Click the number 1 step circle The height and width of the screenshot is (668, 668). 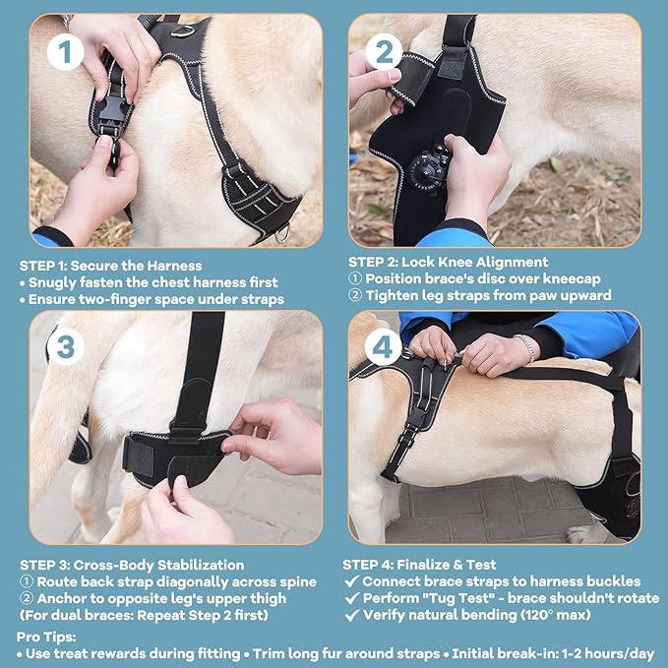[66, 52]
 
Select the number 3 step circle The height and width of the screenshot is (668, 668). [66, 347]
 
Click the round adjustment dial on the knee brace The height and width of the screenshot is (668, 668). [429, 167]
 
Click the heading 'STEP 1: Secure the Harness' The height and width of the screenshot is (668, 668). [111, 266]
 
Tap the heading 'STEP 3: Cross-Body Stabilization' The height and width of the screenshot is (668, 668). [131, 565]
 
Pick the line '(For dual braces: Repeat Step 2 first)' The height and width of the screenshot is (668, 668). [148, 615]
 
